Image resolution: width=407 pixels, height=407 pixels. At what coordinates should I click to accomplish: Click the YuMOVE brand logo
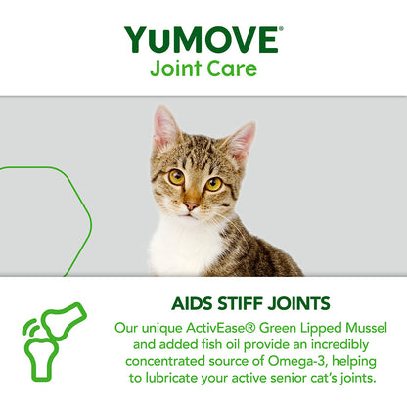click(x=202, y=40)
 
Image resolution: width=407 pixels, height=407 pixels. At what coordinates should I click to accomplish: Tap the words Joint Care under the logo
click(x=203, y=70)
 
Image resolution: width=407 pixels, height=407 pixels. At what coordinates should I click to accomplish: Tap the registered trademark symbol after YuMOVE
click(x=282, y=29)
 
